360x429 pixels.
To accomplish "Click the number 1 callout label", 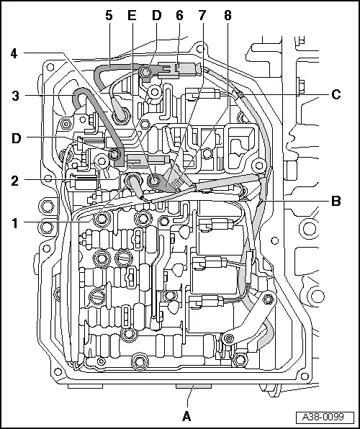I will click(14, 222).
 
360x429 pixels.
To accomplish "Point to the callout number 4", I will click(14, 53).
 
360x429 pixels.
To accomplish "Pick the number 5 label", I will click(109, 14).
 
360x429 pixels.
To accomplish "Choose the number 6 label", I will click(179, 14).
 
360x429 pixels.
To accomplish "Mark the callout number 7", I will click(202, 14).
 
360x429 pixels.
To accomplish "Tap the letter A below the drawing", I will click(187, 415).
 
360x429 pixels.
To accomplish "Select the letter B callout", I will click(336, 201).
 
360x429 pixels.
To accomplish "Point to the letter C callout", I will click(336, 94).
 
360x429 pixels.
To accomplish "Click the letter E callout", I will click(131, 14).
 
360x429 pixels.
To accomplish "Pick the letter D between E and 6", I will click(156, 14).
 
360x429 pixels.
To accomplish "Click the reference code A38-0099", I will click(328, 417).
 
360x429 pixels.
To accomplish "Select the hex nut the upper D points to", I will click(147, 71).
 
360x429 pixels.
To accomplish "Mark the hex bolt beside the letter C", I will click(301, 93).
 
